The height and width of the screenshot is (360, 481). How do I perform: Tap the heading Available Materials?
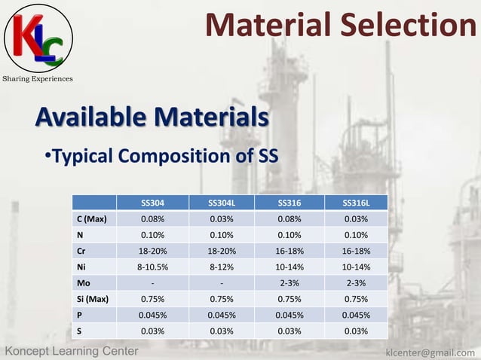coord(152,117)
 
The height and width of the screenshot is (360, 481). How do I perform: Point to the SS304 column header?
coord(153,203)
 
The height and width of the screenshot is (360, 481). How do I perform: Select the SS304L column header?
coord(221,203)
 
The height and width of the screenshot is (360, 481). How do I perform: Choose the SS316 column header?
coord(290,203)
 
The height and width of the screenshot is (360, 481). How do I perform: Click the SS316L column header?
coord(356,203)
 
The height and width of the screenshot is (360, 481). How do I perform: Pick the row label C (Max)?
coord(91,219)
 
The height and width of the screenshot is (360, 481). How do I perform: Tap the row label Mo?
coord(84,283)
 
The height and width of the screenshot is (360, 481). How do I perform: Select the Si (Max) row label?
coord(93,299)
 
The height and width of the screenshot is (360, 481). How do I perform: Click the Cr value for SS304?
coord(153,251)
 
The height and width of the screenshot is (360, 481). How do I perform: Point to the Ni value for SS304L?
coord(221,267)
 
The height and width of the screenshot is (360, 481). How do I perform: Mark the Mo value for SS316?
coord(290,283)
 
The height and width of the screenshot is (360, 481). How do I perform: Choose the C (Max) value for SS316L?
coord(356,219)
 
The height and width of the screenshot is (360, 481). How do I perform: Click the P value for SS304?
coord(153,315)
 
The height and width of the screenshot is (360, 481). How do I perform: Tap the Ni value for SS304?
coord(153,267)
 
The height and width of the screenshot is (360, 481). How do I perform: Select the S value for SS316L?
coord(356,331)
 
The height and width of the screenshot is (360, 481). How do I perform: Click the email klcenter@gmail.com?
coord(430,352)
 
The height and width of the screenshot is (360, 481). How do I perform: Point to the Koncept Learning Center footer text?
coord(72,351)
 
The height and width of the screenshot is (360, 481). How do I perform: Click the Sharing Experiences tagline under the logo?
coord(37,78)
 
